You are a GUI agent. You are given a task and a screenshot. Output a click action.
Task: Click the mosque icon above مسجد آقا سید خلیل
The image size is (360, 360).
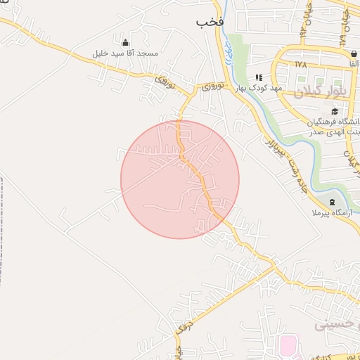coord(126,42)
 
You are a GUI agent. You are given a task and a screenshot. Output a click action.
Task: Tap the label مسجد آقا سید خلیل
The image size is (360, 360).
coord(126,53)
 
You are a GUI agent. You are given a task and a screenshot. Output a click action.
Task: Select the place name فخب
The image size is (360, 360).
coord(210,22)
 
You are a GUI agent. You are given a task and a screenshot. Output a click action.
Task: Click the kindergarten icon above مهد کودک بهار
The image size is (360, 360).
coord(259,77)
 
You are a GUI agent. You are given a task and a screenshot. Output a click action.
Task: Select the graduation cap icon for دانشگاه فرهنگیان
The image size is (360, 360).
coord(335,111)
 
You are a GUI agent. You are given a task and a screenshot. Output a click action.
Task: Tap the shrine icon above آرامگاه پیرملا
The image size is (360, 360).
coord(332,202)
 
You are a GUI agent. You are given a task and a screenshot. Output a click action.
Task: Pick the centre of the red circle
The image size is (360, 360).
coord(180,179)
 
